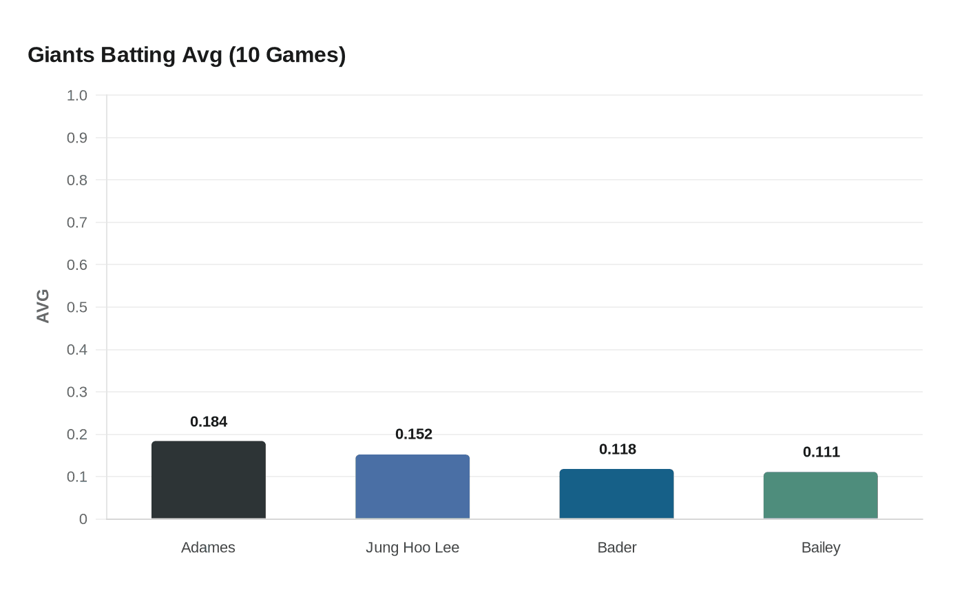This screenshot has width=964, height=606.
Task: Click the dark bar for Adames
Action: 208,480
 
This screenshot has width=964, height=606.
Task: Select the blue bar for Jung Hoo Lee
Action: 412,487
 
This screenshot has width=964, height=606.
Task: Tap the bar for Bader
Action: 616,494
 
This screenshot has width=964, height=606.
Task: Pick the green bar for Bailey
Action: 820,495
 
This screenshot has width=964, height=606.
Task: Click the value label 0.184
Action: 209,421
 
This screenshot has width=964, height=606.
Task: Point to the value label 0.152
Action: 413,434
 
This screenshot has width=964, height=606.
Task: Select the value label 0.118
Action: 617,449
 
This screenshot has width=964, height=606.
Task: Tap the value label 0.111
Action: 821,452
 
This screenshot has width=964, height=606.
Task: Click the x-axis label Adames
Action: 208,547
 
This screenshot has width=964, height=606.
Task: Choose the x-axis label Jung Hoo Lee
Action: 412,547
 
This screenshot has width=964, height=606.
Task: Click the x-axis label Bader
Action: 616,547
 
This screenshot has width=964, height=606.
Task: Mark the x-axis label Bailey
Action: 820,547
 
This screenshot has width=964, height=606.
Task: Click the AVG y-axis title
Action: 43,306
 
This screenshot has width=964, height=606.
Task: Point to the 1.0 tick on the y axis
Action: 77,96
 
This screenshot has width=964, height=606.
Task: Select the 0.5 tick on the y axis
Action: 77,307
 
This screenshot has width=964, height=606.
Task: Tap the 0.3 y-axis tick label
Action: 77,393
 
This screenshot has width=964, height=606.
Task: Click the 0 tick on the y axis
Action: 83,519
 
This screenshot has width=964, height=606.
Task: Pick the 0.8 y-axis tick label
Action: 77,180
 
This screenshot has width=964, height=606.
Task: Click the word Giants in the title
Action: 61,54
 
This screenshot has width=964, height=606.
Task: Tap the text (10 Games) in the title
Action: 286,54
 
